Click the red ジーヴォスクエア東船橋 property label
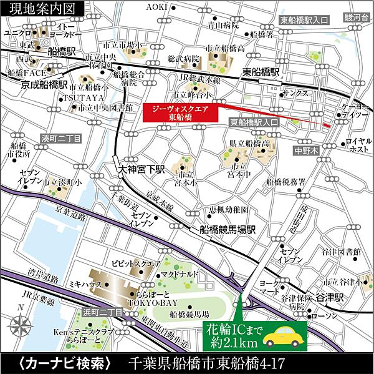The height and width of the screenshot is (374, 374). click(178, 112)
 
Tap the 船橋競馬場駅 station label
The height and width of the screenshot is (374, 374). click(226, 229)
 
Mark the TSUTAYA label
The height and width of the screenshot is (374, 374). click(82, 98)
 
